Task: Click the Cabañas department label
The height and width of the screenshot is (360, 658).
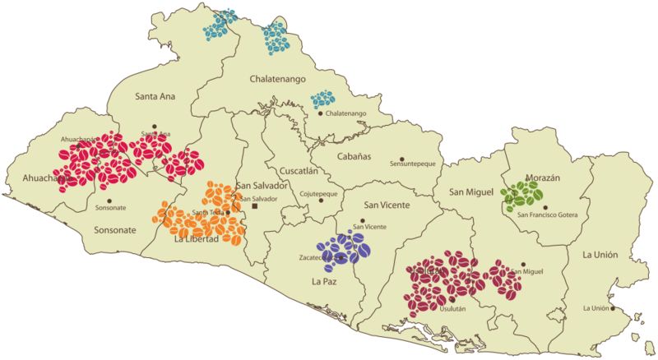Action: coord(354,155)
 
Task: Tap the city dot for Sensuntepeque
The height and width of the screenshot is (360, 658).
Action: coord(402,159)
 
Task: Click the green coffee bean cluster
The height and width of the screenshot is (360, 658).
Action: coord(522,194)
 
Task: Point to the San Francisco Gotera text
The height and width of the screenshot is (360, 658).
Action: coord(547,215)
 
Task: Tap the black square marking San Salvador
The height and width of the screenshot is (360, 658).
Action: coord(254,208)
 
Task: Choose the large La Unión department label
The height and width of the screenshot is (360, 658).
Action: coord(602,254)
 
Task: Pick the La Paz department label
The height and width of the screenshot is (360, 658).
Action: coord(326,282)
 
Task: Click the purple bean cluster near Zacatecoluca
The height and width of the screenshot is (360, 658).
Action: coord(344,248)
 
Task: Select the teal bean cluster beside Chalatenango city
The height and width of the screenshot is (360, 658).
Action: coord(322,100)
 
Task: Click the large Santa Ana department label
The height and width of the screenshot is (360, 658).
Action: coord(155,96)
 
